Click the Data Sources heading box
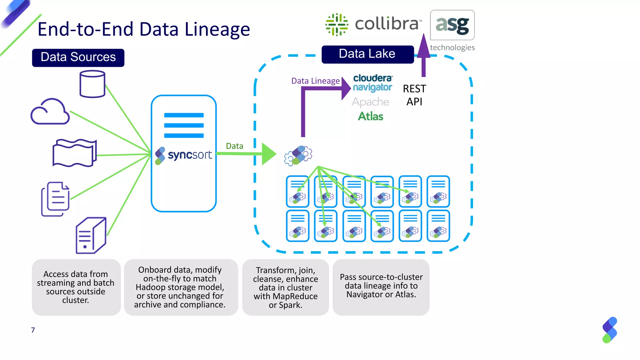[x=78, y=57]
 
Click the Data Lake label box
[x=367, y=54]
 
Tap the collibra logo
[x=373, y=24]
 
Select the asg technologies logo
[x=452, y=30]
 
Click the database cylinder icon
[x=92, y=84]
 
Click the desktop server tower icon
[x=91, y=235]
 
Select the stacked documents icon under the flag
[x=55, y=199]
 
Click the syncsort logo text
[x=190, y=155]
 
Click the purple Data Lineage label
[x=315, y=81]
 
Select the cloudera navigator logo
[x=372, y=83]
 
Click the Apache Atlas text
[x=370, y=109]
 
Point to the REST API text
[x=414, y=95]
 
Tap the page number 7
[x=33, y=330]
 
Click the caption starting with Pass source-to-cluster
[x=381, y=286]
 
